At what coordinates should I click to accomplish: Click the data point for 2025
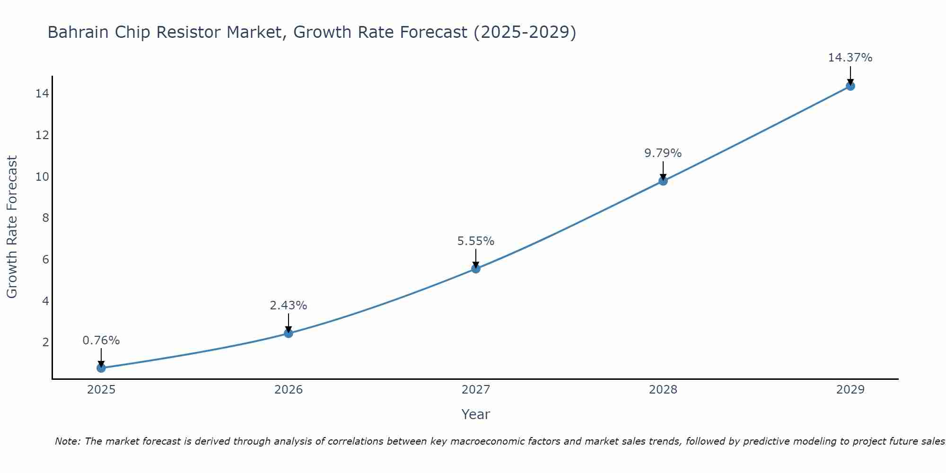tap(101, 368)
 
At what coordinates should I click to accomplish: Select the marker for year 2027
tap(476, 269)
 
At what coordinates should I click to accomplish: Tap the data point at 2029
tap(850, 86)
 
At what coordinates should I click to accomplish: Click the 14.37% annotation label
tap(850, 58)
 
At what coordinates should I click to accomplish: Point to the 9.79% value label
tap(663, 153)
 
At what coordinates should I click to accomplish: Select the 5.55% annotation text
tap(475, 241)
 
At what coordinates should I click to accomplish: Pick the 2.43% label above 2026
tap(288, 306)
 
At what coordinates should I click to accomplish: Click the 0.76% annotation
tap(101, 341)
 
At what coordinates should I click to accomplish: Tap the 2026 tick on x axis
tap(289, 390)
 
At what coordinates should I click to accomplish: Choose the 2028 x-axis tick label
tap(663, 390)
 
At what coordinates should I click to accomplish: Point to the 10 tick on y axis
tap(42, 177)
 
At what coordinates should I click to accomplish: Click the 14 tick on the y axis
tap(42, 94)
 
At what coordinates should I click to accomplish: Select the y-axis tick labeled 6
tap(45, 260)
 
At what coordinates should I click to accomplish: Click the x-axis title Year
tap(475, 414)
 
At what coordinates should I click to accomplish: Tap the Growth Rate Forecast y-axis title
tap(12, 227)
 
